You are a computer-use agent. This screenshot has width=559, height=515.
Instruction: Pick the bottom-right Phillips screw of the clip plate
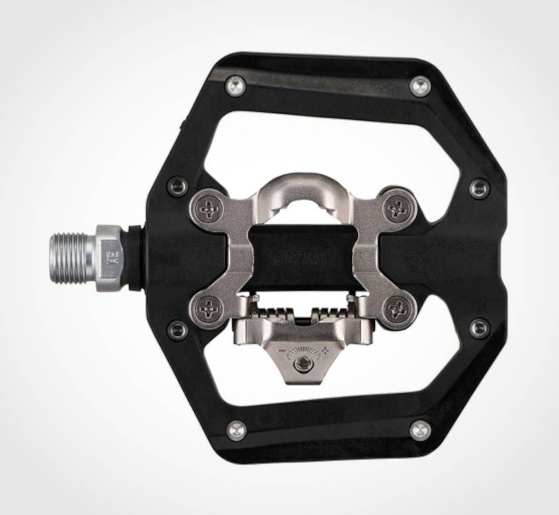400,308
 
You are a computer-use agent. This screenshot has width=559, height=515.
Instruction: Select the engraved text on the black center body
301,259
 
